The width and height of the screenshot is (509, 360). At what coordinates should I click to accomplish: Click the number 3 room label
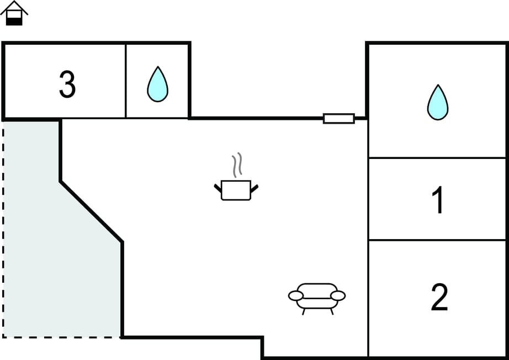coord(67,84)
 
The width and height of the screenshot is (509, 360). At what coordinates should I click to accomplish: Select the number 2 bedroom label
coord(439,297)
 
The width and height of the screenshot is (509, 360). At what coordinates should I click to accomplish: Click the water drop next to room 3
coord(157,84)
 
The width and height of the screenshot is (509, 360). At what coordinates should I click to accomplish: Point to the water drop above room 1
coord(438,102)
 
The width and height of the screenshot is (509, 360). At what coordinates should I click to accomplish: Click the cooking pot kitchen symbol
coord(236,190)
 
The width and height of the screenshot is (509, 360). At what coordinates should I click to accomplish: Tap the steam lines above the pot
coord(237,165)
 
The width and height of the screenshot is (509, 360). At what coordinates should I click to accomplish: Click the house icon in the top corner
coord(14,13)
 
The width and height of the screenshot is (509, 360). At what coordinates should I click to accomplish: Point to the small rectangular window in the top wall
coord(338,118)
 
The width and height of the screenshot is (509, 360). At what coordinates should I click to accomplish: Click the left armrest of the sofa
coord(296,296)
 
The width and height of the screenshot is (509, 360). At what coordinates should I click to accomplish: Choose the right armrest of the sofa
coord(338,295)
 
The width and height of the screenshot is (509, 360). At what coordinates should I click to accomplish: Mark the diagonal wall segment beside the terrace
coord(91,211)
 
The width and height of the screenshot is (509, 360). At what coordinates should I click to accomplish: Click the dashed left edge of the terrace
coord(3,232)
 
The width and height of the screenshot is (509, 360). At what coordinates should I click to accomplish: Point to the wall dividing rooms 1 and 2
coord(437,240)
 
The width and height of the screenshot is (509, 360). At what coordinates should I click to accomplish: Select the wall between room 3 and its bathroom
coord(126,81)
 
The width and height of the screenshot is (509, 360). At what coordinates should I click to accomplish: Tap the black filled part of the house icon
coord(14,20)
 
